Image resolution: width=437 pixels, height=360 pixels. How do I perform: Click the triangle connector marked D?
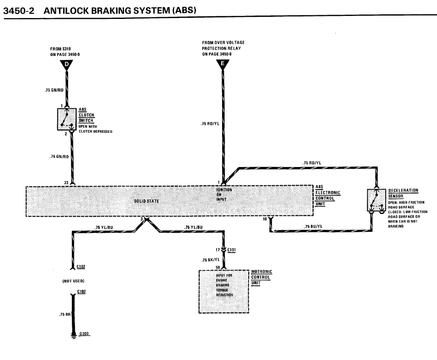pos(66,65)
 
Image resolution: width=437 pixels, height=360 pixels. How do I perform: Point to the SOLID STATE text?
pos(146,201)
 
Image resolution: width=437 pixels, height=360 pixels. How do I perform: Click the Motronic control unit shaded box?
pos(224,291)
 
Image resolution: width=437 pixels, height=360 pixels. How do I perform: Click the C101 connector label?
pos(231,250)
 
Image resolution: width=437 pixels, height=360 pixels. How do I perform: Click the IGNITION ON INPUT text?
pos(222,195)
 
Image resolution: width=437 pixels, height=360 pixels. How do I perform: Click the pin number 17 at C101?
pos(218,250)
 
